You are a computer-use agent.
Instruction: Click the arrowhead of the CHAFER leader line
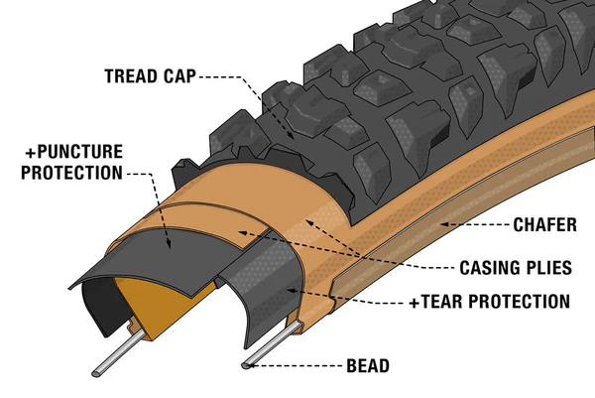click(440, 225)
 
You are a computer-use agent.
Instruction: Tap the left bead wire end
click(99, 371)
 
